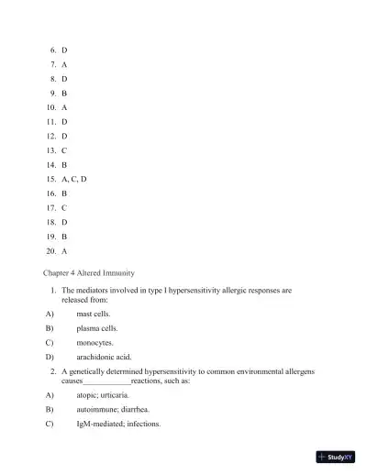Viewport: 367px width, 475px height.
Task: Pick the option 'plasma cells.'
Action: click(97, 328)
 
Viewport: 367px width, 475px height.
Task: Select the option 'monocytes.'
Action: click(95, 343)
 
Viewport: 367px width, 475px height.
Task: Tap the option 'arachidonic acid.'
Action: click(105, 357)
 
